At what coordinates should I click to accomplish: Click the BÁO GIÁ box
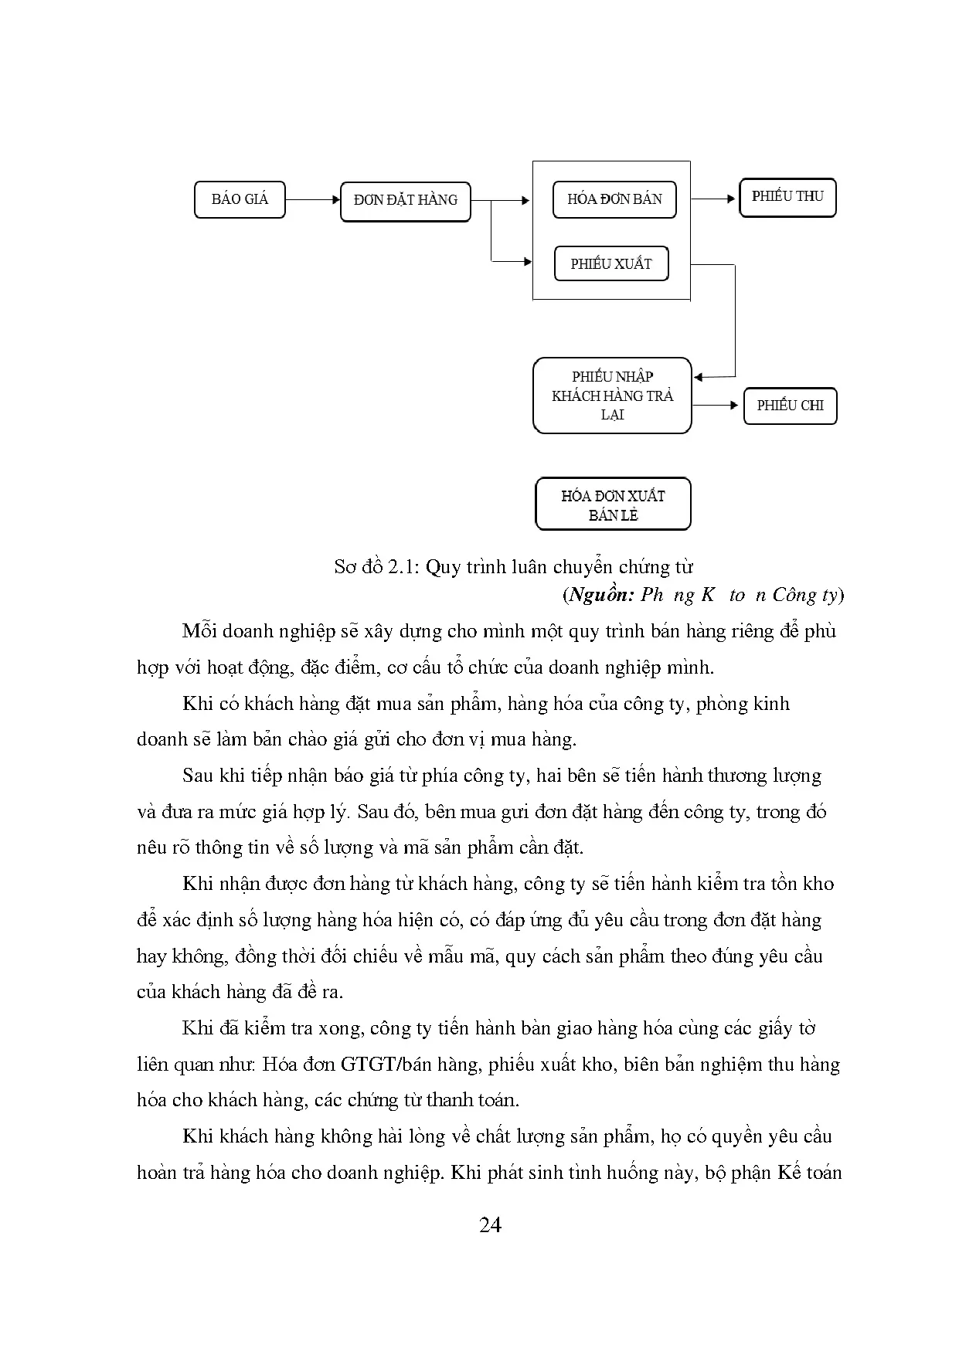[x=240, y=199]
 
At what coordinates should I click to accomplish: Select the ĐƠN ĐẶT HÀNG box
[x=405, y=200]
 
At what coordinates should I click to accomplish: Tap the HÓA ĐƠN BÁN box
[x=614, y=199]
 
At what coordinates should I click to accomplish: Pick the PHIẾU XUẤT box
[x=611, y=263]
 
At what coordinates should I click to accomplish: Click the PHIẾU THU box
[x=787, y=197]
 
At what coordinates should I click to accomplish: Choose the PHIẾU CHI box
[x=790, y=406]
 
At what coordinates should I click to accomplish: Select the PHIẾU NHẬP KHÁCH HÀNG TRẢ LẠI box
[x=612, y=396]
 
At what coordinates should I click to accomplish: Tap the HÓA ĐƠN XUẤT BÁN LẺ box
[x=613, y=504]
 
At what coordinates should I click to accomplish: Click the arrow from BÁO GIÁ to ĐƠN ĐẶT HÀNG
[x=312, y=199]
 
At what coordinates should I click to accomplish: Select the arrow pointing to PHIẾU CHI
[x=716, y=405]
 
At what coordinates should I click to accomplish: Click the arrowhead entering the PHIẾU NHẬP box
[x=698, y=377]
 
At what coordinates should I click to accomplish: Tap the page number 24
[x=490, y=1225]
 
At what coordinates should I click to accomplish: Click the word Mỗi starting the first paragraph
[x=199, y=631]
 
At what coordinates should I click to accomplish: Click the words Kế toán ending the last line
[x=808, y=1173]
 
